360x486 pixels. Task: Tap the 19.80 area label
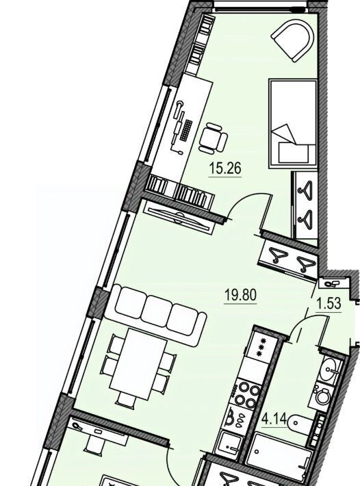tap(241, 295)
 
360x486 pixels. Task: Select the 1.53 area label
tap(329, 303)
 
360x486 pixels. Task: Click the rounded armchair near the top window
tap(294, 40)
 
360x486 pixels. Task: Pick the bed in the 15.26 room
tap(293, 124)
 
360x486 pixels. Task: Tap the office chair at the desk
tap(213, 138)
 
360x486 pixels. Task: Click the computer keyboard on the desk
tap(186, 130)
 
